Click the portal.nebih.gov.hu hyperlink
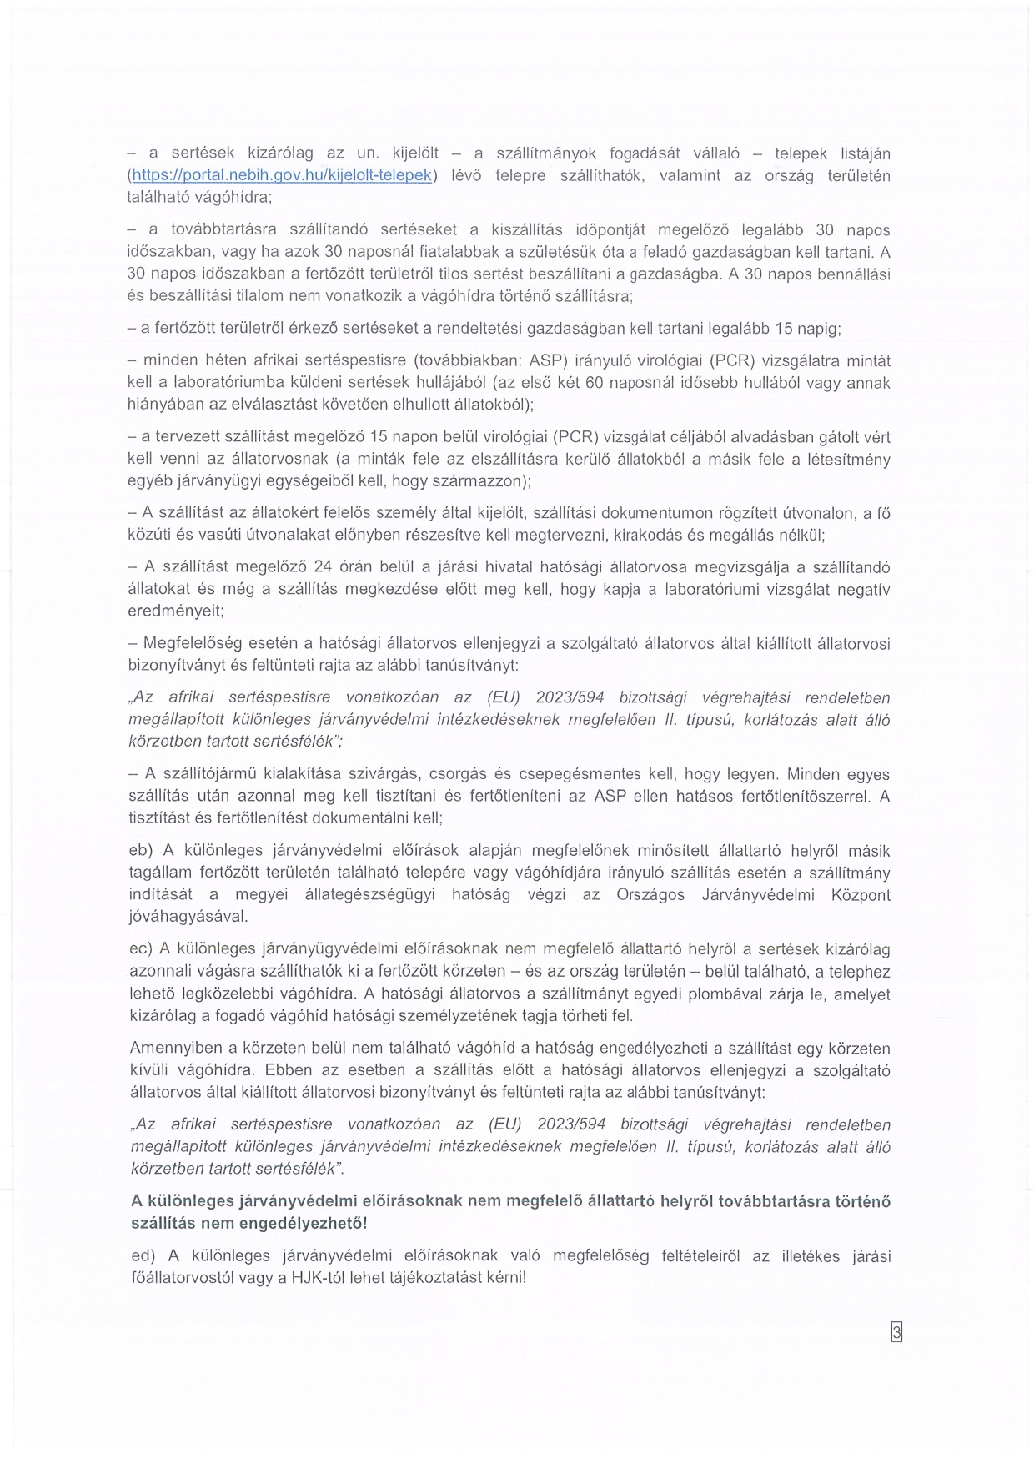point(282,176)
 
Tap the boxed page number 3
point(896,1332)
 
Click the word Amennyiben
point(171,1049)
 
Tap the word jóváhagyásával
point(188,917)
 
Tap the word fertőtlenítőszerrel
point(798,797)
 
